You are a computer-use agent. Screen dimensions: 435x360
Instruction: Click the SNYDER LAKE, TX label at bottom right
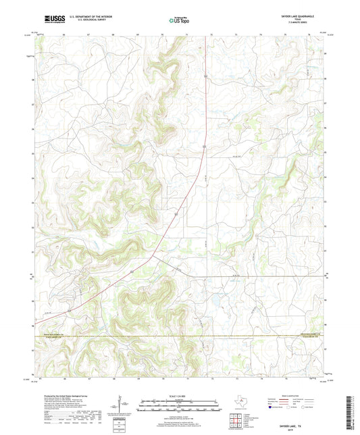coord(304,421)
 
